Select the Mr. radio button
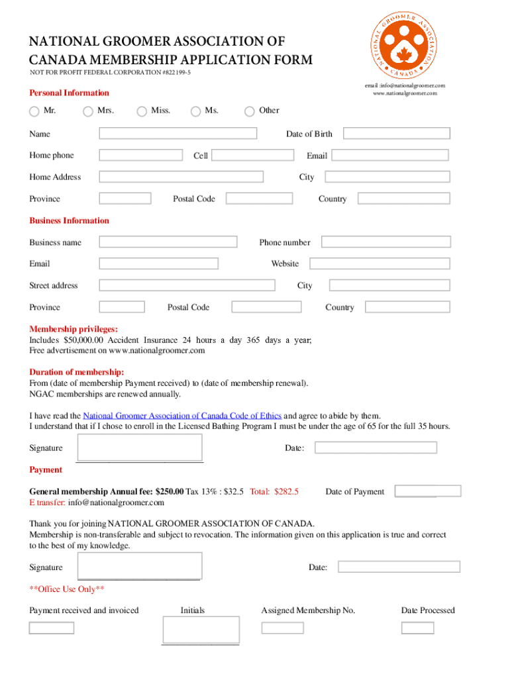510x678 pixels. [x=34, y=111]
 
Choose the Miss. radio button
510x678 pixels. [x=142, y=111]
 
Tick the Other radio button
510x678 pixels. [x=250, y=111]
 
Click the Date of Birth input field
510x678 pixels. [x=396, y=134]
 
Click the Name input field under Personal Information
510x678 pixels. [x=178, y=134]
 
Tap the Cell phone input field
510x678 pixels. [x=252, y=156]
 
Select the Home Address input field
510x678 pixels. [x=181, y=177]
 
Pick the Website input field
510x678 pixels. [x=380, y=264]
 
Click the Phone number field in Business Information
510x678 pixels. [x=385, y=242]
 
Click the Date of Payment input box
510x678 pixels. [x=428, y=491]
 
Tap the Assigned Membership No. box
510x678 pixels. [x=282, y=628]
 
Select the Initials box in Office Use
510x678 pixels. [x=201, y=629]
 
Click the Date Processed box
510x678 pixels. [x=417, y=628]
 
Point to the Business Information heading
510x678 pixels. [x=69, y=220]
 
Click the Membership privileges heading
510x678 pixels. [x=74, y=329]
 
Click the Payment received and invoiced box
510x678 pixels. [x=52, y=628]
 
